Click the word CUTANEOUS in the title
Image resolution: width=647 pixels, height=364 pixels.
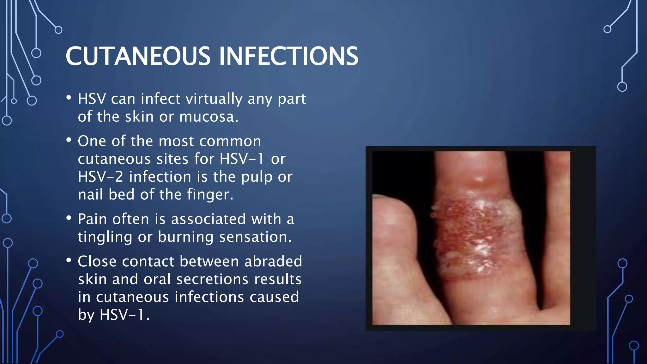[x=138, y=56]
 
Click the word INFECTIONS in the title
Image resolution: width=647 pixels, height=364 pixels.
[x=288, y=56]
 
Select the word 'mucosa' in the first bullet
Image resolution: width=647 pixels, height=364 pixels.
[x=207, y=117]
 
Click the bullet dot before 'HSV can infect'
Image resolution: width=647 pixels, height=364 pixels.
[x=69, y=98]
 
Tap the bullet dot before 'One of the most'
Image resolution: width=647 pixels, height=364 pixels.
[x=69, y=140]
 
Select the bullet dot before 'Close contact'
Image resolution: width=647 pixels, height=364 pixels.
[x=69, y=260]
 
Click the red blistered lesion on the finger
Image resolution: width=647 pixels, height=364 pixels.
[x=474, y=234]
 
